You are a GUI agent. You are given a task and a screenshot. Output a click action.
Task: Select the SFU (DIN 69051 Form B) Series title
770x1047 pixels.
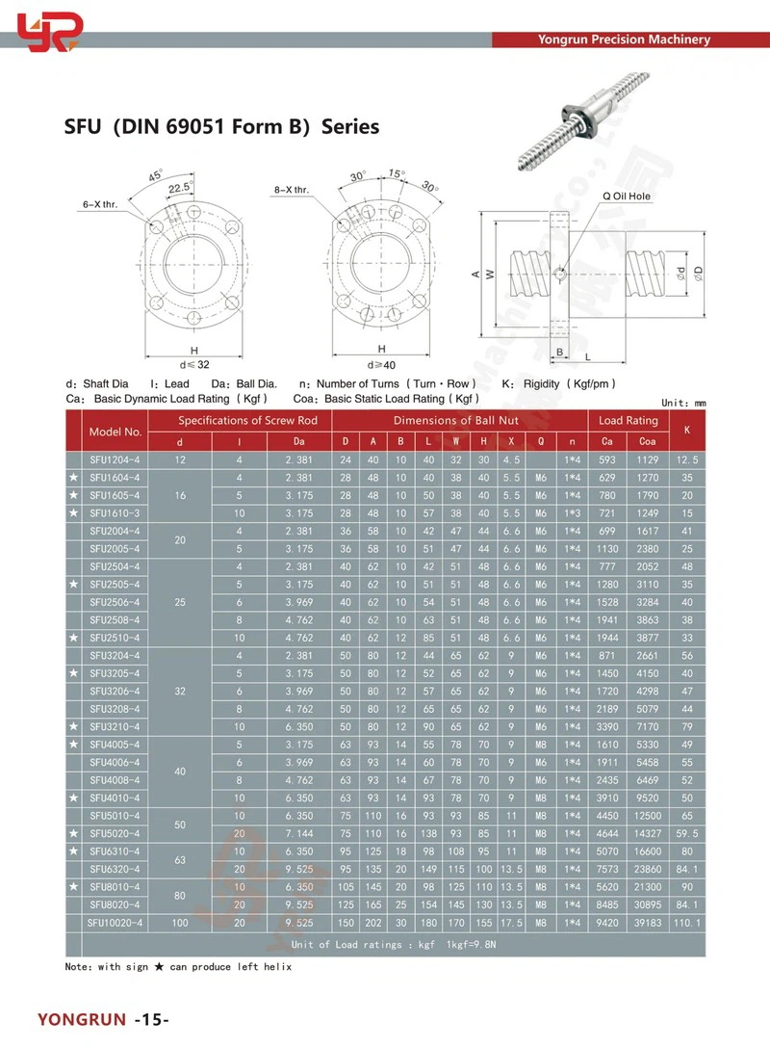point(221,127)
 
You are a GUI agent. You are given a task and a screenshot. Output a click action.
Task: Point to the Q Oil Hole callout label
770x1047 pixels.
point(627,196)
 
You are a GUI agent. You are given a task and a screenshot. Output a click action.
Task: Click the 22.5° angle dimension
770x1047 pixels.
point(180,189)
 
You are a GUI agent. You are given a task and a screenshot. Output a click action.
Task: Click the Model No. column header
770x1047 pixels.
point(115,432)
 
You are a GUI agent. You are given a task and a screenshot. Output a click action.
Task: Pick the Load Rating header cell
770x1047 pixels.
point(629,421)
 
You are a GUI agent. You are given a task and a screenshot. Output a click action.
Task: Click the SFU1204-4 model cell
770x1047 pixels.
point(115,459)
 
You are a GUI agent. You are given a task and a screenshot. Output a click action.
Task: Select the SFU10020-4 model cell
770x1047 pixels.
point(115,922)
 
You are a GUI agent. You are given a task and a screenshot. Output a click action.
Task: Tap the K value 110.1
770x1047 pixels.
point(686,922)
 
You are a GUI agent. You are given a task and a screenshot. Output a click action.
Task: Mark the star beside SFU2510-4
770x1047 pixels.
point(73,638)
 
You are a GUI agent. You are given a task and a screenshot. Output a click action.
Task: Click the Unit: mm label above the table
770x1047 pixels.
point(684,403)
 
